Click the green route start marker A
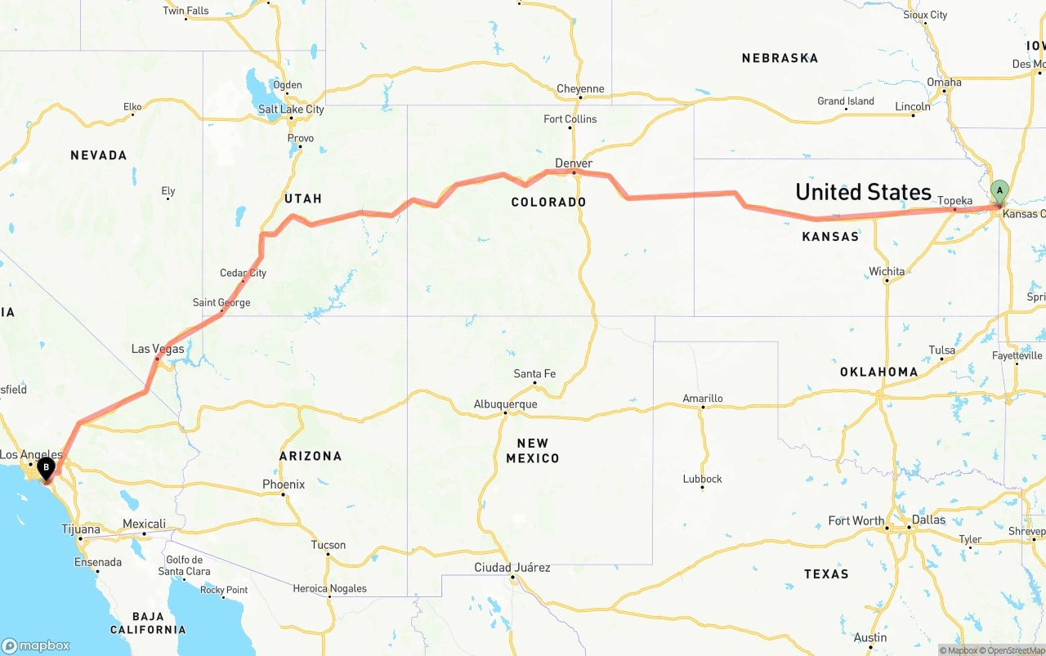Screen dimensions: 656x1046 [x=999, y=191]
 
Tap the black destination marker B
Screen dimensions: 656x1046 [x=47, y=468]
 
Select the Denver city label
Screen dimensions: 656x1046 [x=574, y=163]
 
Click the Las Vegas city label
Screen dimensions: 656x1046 [x=158, y=349]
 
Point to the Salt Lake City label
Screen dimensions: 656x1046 [x=291, y=109]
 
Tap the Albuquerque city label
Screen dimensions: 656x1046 [x=506, y=404]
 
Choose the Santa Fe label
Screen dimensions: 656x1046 [x=534, y=374]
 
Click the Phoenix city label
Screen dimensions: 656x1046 [x=284, y=484]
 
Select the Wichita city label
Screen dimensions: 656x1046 [x=887, y=271]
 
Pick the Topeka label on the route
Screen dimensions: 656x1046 [x=954, y=200]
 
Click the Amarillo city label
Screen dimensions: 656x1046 [x=703, y=399]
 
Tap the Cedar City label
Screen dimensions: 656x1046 [x=243, y=273]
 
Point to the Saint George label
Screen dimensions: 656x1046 [x=221, y=302]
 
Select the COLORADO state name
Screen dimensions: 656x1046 [x=548, y=202]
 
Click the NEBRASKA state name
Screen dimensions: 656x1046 [x=780, y=58]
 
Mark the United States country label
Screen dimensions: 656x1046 [x=863, y=192]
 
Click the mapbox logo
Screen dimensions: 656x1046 [x=36, y=645]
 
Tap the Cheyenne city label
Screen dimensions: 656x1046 [x=580, y=89]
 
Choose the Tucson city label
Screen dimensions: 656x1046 [x=329, y=545]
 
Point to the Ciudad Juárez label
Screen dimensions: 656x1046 [x=512, y=567]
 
